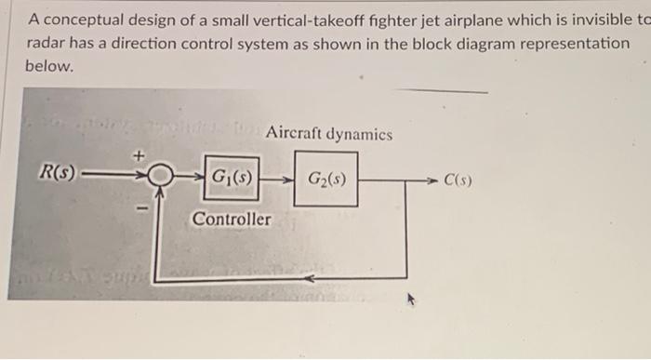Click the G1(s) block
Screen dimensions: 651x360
tap(231, 177)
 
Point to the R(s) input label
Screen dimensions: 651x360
tap(56, 172)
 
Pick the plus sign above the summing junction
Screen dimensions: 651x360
tap(142, 157)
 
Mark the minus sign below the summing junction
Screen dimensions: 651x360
tap(143, 210)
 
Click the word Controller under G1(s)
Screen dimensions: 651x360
tap(232, 220)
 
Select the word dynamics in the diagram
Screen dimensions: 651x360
tap(361, 134)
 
